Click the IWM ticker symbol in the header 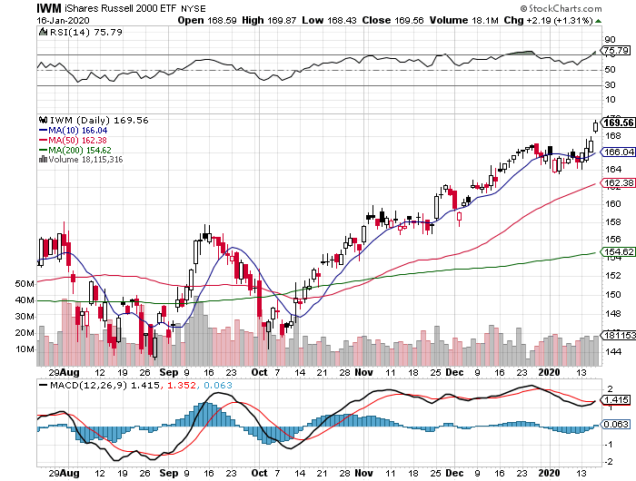(x=51, y=8)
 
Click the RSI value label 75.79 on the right (x=616, y=52)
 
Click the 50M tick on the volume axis (x=25, y=284)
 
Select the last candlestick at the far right (x=596, y=125)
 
